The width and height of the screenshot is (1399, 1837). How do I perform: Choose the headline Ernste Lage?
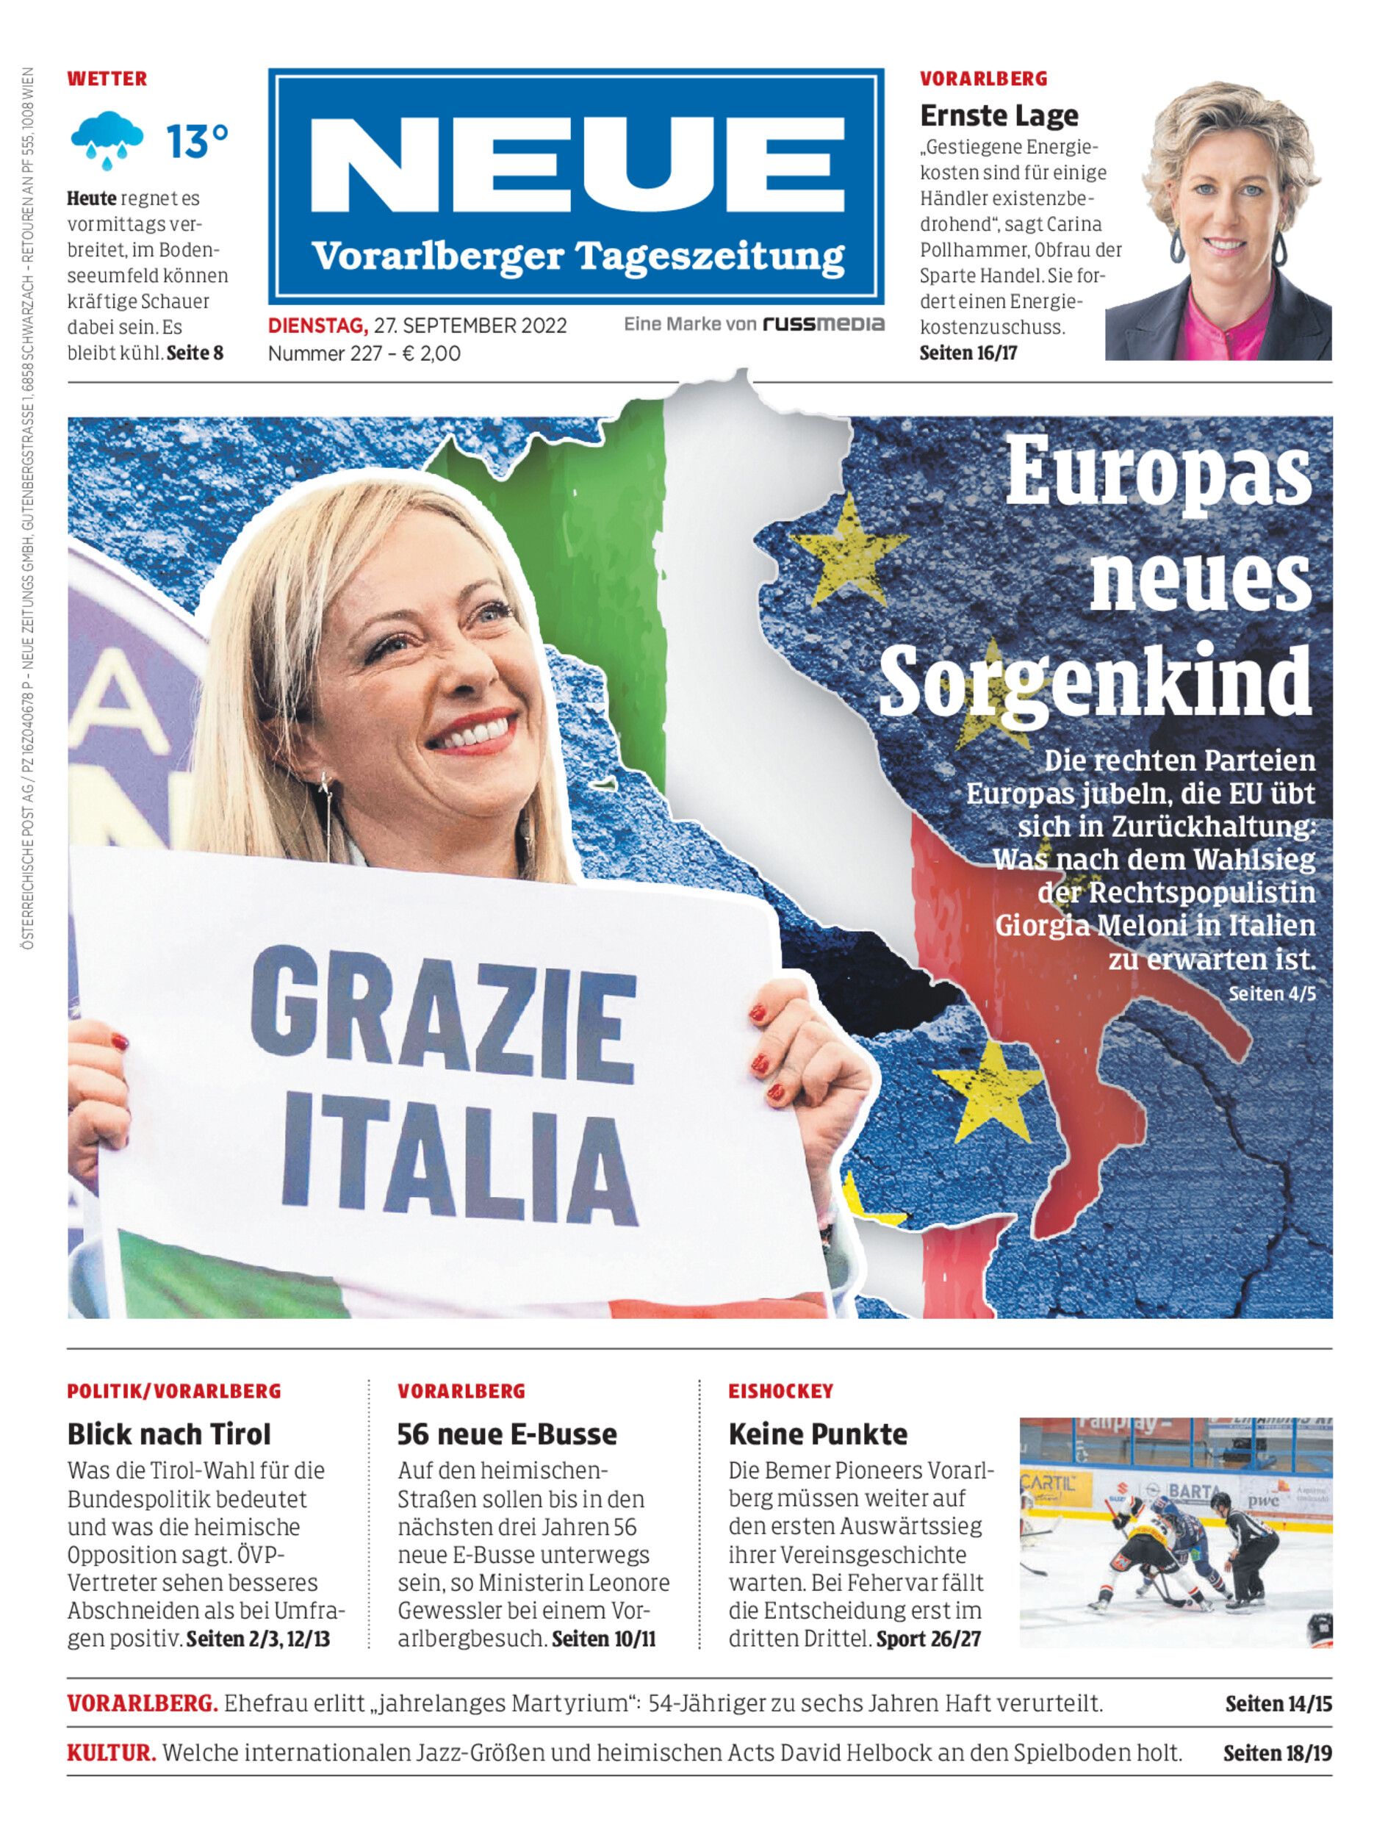click(999, 115)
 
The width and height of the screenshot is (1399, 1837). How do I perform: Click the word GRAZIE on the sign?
click(443, 1010)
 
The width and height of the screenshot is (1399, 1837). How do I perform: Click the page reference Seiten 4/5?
click(1272, 993)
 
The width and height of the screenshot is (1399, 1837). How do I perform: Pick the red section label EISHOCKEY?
click(780, 1391)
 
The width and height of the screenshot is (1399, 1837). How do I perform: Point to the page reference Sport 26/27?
click(929, 1639)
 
